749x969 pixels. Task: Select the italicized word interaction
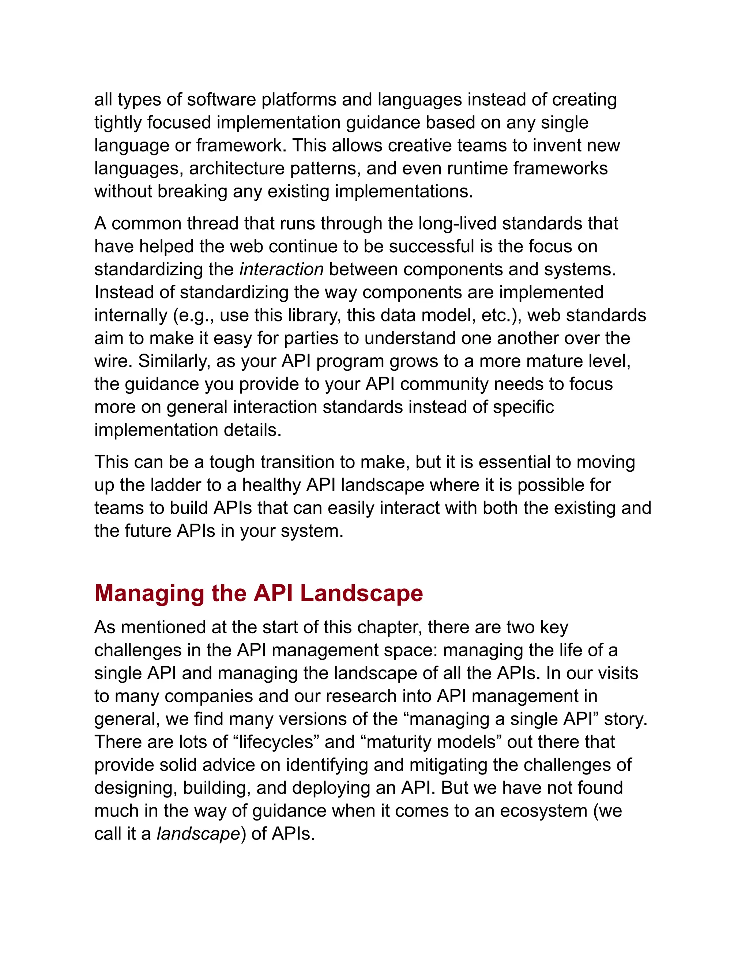coord(281,269)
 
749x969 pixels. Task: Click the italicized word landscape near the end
coord(198,834)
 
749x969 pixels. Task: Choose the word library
coord(315,316)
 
